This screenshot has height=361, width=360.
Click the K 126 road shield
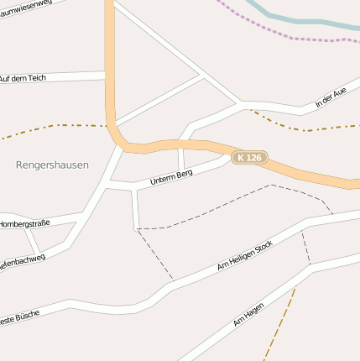pyautogui.click(x=249, y=157)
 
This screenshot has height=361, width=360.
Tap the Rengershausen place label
pyautogui.click(x=52, y=165)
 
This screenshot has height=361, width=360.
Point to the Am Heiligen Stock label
pyautogui.click(x=244, y=254)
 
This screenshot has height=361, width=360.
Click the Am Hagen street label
pyautogui.click(x=248, y=315)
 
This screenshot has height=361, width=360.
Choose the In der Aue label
pyautogui.click(x=331, y=98)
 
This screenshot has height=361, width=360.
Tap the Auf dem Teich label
pyautogui.click(x=34, y=77)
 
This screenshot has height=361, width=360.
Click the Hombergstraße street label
pyautogui.click(x=24, y=224)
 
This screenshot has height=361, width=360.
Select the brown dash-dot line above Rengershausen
pyautogui.click(x=50, y=127)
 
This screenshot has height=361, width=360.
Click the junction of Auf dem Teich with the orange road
pyautogui.click(x=108, y=76)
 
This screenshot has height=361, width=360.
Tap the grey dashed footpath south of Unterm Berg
pyautogui.click(x=218, y=207)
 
